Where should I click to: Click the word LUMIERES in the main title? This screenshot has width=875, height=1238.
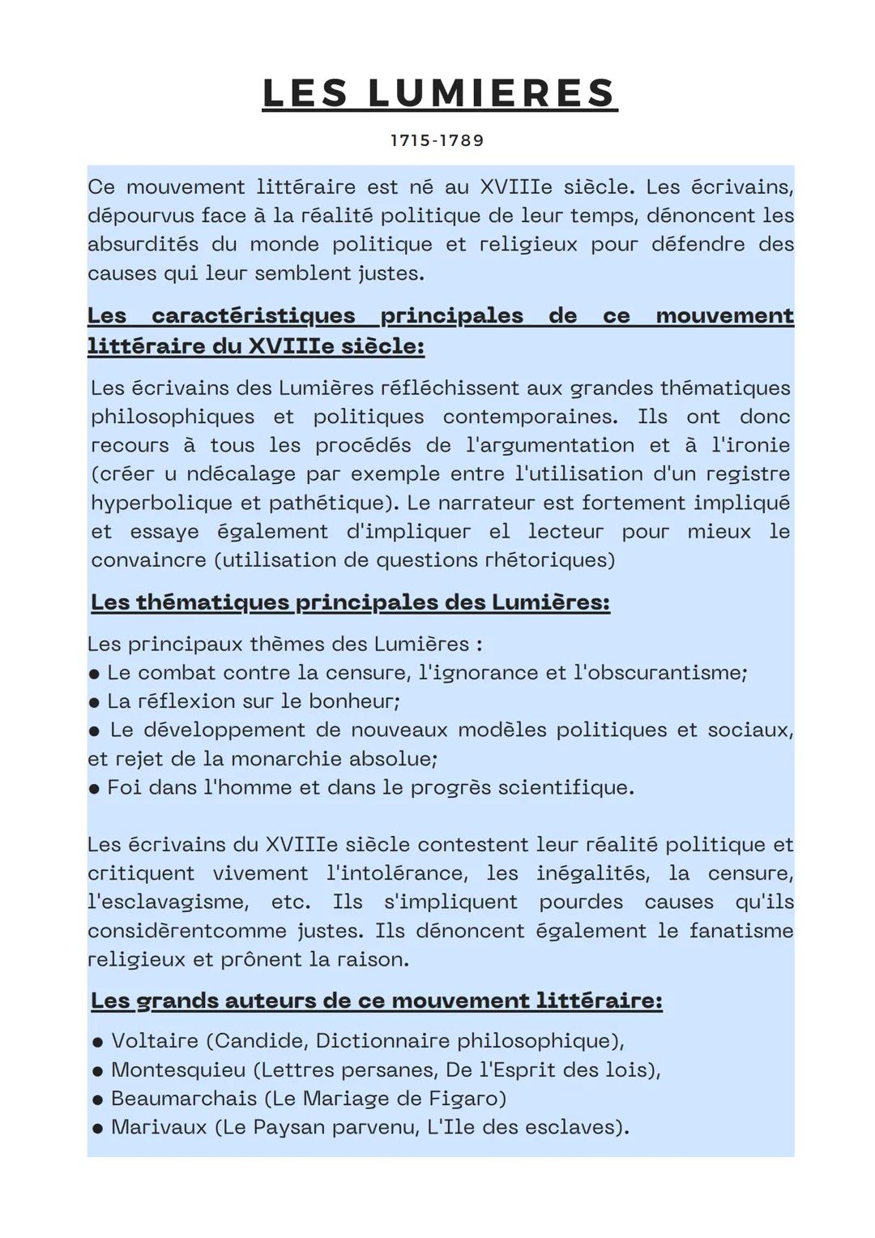tap(492, 93)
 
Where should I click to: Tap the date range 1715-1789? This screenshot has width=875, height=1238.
tap(437, 140)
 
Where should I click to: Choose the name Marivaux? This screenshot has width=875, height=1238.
tap(159, 1127)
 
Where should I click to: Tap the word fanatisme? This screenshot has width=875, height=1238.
tap(741, 930)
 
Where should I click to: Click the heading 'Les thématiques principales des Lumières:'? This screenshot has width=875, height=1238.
tap(350, 602)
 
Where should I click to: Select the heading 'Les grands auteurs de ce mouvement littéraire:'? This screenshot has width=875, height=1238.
tap(376, 1000)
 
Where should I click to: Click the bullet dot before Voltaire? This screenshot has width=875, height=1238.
tap(97, 1042)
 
